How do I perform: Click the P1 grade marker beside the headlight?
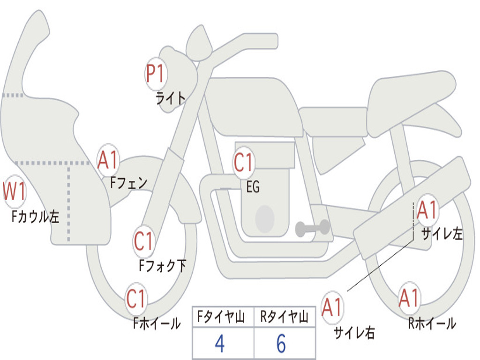[156, 74]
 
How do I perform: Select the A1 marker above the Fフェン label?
[109, 161]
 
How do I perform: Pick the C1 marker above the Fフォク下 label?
[144, 241]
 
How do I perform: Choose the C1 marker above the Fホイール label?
[136, 299]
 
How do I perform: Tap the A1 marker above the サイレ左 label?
[427, 210]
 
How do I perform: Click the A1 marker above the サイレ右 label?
[332, 307]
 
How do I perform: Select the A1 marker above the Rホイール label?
[409, 298]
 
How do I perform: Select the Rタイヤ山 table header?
[284, 317]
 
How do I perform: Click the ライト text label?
[171, 98]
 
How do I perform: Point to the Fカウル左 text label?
[36, 217]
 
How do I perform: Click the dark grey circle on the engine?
[264, 218]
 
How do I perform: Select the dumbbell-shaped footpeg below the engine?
[312, 228]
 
